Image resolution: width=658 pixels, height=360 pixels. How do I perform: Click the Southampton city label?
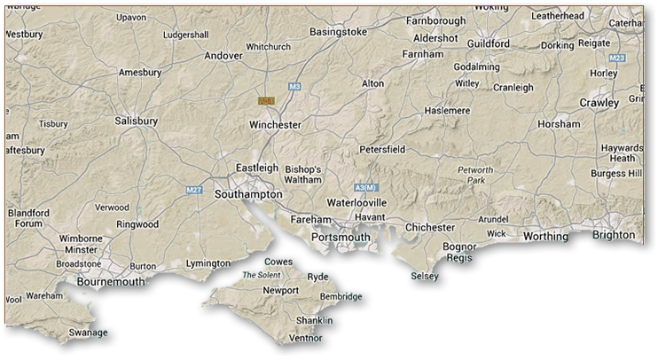[x=248, y=193]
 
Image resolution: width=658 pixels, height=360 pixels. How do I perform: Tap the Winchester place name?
[x=275, y=125]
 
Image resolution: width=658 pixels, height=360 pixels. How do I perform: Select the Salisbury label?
[x=137, y=121]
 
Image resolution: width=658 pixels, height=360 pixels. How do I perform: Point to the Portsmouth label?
[x=341, y=237]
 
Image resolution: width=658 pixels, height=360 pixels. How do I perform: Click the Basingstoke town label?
[x=338, y=32]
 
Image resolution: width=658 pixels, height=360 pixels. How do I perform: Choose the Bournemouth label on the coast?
[x=111, y=282]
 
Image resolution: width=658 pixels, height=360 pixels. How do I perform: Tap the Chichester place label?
[x=429, y=228]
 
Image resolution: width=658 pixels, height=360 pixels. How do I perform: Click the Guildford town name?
[x=489, y=43]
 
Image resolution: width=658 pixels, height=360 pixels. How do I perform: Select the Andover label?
[x=223, y=55]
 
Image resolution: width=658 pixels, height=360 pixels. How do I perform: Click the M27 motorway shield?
[x=196, y=189]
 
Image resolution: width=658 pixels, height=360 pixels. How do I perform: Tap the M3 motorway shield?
[x=295, y=86]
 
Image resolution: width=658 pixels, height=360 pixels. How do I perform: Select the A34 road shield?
[x=265, y=101]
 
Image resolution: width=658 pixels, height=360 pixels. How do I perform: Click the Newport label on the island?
[x=280, y=290]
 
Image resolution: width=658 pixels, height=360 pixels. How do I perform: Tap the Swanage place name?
[x=88, y=333]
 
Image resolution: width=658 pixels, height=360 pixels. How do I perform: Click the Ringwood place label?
[x=137, y=224]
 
